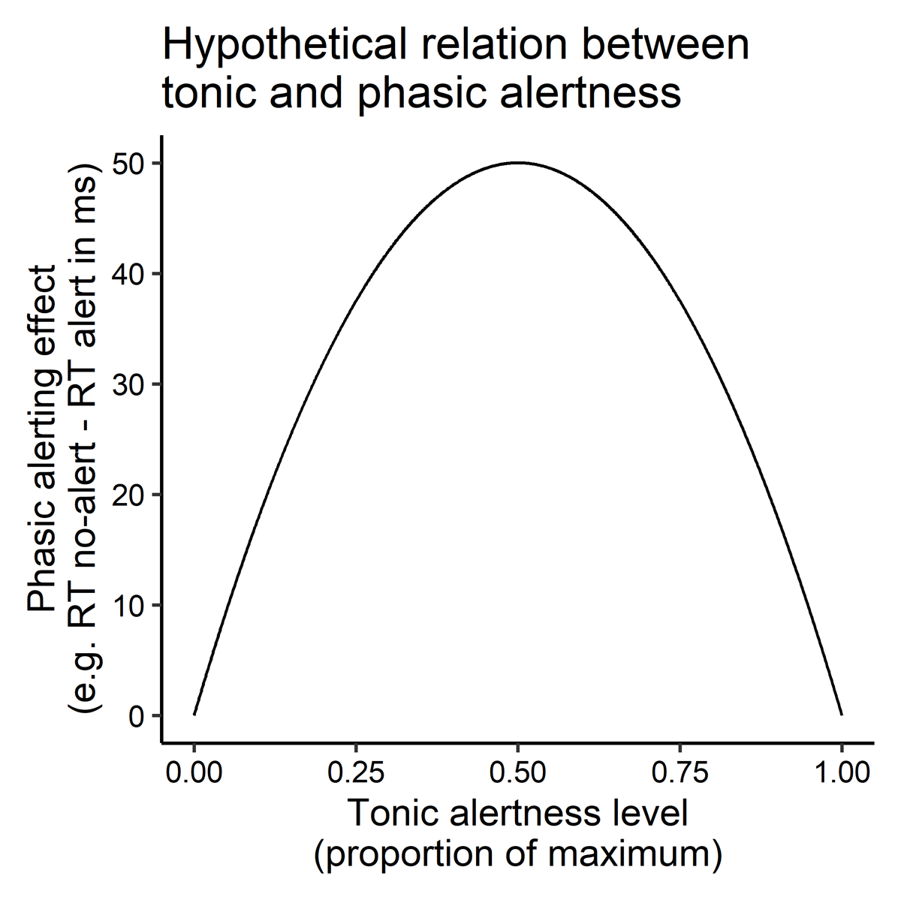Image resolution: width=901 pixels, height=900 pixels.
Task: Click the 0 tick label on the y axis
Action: coord(135,715)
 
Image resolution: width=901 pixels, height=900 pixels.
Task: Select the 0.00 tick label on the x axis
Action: coord(194,772)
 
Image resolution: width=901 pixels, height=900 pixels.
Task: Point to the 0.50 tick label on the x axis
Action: coord(517,772)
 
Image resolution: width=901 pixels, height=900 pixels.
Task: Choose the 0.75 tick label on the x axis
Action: coord(680,772)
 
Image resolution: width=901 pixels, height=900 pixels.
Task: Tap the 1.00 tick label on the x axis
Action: coord(841,772)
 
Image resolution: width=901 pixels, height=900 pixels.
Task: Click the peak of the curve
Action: coord(517,163)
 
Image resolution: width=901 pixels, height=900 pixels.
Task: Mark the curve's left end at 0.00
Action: coord(194,715)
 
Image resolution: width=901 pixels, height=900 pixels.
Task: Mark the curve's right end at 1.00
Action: coord(841,715)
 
